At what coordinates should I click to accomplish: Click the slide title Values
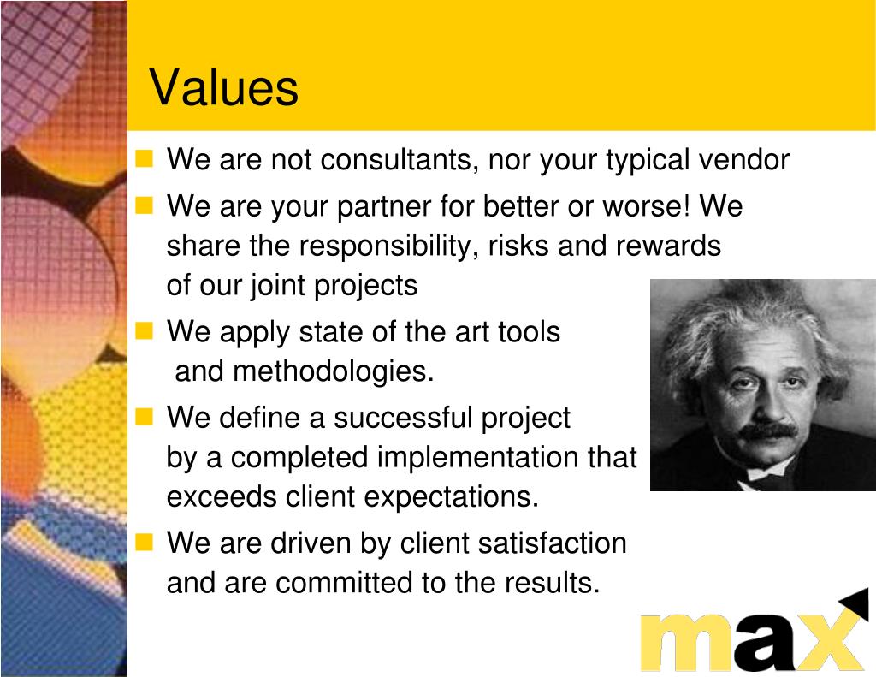pos(224,87)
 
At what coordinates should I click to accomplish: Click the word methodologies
pos(333,371)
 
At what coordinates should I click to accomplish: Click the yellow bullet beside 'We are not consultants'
pos(144,159)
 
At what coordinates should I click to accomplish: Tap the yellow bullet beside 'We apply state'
pos(144,331)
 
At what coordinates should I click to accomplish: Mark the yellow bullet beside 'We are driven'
pos(144,543)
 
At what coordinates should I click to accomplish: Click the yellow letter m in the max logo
pos(687,643)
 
